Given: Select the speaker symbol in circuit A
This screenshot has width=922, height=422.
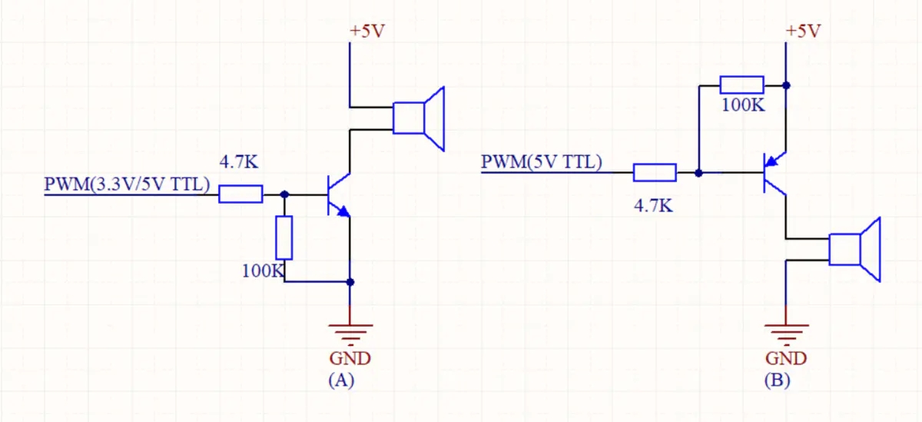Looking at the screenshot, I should [x=418, y=118].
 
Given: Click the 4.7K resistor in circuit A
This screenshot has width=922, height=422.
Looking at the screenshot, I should [x=240, y=194].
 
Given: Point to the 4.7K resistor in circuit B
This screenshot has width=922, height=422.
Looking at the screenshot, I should [x=655, y=173].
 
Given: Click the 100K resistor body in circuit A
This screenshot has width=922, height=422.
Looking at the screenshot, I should [x=284, y=238].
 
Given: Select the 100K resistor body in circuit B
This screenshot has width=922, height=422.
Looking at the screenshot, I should [x=742, y=85].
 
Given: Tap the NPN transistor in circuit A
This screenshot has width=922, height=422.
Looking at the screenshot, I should [x=336, y=194].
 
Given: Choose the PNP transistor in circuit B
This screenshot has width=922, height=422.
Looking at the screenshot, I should [x=771, y=173].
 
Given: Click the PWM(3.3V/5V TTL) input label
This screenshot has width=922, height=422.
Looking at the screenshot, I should [x=127, y=184].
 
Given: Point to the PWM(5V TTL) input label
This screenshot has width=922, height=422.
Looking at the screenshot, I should [x=542, y=162].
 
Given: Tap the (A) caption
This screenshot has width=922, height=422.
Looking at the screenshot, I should [x=340, y=380].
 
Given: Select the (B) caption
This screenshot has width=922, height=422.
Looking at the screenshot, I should [x=777, y=380].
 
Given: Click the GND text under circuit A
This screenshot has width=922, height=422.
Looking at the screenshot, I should [x=350, y=358].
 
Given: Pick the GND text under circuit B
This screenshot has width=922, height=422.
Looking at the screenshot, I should [x=787, y=358].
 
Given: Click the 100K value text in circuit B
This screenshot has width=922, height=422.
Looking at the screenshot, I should [x=743, y=105].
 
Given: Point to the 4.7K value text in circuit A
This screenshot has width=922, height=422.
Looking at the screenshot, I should [x=240, y=163].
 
